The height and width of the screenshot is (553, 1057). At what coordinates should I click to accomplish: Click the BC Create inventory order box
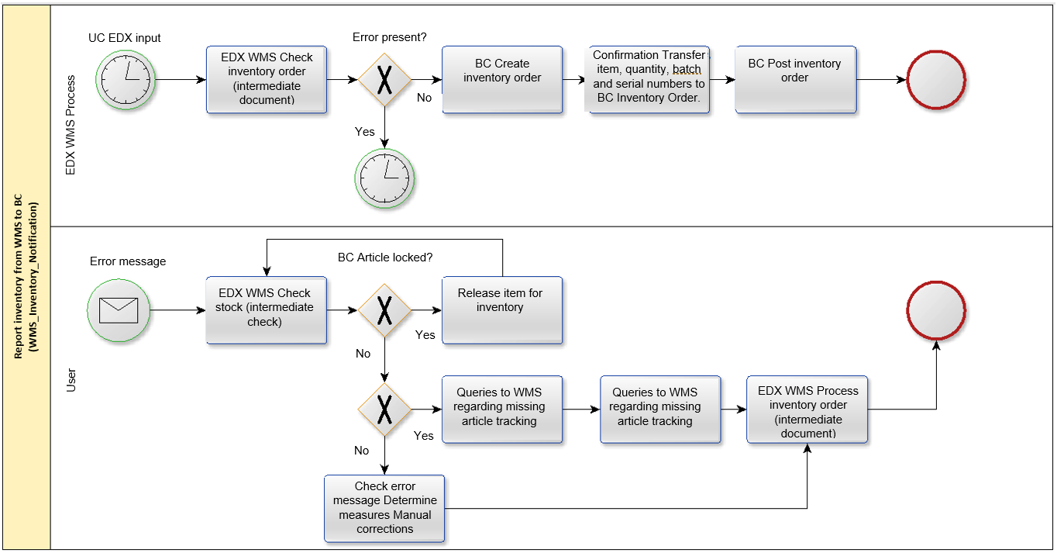(502, 79)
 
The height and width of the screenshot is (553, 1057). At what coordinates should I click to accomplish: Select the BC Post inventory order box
(796, 79)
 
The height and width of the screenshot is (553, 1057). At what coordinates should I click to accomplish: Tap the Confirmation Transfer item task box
(649, 79)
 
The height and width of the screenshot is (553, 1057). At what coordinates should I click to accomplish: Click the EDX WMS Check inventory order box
(267, 79)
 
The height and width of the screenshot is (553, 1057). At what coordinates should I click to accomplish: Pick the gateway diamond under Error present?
(384, 79)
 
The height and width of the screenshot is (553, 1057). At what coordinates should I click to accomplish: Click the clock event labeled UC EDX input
(126, 80)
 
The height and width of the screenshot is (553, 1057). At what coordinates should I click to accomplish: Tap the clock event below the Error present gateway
(384, 178)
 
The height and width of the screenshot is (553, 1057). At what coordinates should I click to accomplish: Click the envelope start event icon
(119, 310)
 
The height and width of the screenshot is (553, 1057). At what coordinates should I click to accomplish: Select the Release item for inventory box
(502, 310)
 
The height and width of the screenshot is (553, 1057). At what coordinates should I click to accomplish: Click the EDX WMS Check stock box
(267, 310)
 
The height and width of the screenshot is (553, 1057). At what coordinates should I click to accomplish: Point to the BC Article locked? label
(385, 257)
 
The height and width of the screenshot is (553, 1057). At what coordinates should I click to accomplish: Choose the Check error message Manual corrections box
(384, 509)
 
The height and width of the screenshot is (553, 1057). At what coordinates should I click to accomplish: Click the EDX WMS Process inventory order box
(807, 410)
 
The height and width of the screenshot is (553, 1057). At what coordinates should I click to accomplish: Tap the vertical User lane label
(71, 380)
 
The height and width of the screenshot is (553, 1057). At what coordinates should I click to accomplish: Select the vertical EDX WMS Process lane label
(71, 125)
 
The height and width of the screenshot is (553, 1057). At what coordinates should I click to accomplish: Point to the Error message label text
(128, 261)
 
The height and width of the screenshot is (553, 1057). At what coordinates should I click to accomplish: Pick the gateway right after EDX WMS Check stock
(384, 310)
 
